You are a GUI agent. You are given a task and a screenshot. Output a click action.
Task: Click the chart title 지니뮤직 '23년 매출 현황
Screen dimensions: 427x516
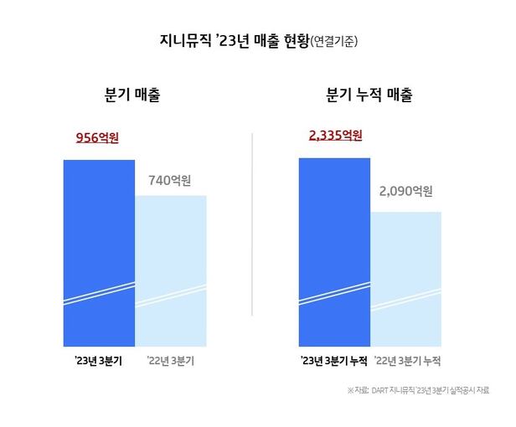(224, 39)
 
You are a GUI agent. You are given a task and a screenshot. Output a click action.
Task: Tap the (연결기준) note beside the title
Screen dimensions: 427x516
(338, 41)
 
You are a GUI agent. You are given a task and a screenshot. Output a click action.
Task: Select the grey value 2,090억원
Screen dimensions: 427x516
(405, 192)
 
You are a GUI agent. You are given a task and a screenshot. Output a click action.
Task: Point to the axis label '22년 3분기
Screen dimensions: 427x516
(170, 361)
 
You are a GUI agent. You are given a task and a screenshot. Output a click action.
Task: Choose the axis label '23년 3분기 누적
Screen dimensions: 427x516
(334, 361)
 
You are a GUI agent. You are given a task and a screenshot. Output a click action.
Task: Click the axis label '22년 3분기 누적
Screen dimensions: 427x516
(407, 361)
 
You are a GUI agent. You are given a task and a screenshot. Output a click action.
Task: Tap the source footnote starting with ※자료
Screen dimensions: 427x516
(418, 391)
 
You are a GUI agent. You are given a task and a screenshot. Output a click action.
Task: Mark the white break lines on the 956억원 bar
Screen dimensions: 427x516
(99, 294)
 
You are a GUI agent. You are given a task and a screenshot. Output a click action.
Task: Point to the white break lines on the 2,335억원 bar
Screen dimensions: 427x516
(334, 294)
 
